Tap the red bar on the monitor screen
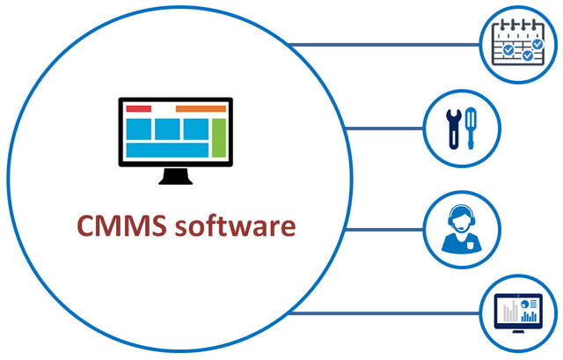pyautogui.click(x=138, y=108)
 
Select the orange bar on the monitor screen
pyautogui.click(x=201, y=108)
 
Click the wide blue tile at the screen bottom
pyautogui.click(x=166, y=151)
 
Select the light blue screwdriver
pyautogui.click(x=472, y=129)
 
